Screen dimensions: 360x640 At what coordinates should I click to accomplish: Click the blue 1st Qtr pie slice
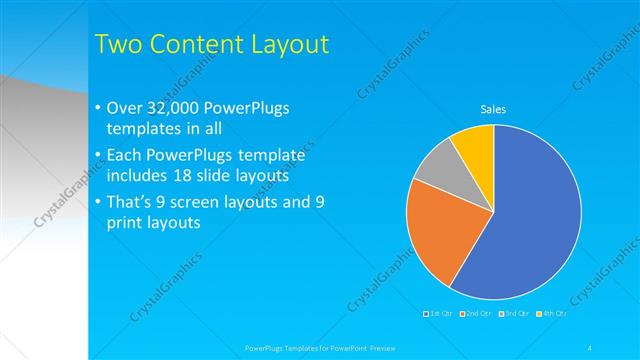click(x=530, y=220)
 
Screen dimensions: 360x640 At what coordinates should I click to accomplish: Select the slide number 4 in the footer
click(x=590, y=347)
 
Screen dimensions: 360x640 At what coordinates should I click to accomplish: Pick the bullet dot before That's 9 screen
click(x=96, y=202)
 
